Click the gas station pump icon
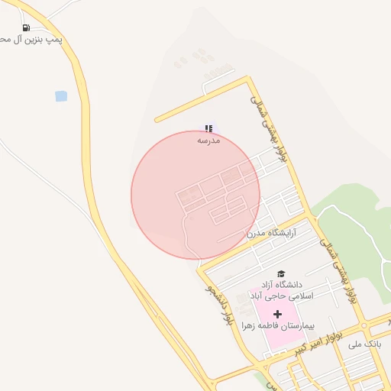(26, 27)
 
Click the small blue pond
(60, 96)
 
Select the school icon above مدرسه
(208, 129)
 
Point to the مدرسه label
(208, 141)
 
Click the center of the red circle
(195, 195)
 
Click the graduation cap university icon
(280, 273)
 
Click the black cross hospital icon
(276, 314)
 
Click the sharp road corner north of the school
(248, 78)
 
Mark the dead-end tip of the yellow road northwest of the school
(156, 121)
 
